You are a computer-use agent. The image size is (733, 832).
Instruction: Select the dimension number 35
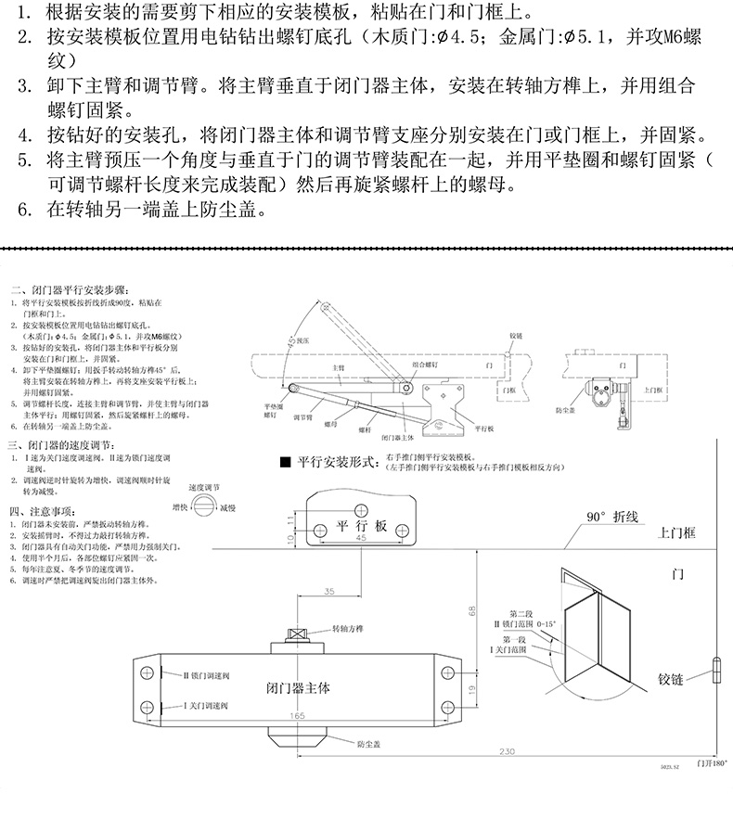click(x=329, y=592)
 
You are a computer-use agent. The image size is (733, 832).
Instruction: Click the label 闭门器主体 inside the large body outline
click(x=297, y=688)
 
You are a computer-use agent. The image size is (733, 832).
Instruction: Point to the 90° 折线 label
click(x=611, y=518)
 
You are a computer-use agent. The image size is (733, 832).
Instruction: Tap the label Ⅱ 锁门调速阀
click(x=194, y=675)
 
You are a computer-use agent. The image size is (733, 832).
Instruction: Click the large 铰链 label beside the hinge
click(x=664, y=679)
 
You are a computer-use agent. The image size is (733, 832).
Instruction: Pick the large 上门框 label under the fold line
click(x=676, y=533)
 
